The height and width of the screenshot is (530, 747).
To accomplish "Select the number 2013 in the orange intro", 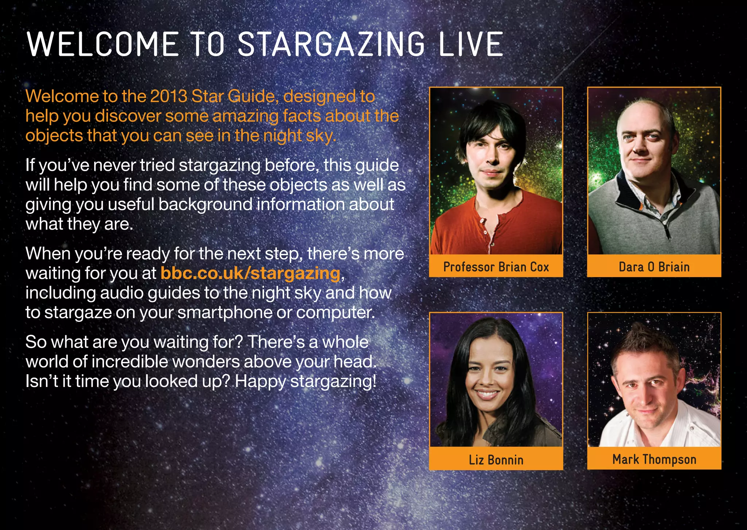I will (168, 96).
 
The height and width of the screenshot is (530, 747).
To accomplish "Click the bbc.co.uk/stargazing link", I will (250, 273).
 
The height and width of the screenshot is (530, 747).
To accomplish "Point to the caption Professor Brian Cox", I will (496, 267).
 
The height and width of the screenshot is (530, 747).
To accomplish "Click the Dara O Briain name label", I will (654, 267).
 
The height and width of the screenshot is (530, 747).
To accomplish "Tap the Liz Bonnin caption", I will (496, 460).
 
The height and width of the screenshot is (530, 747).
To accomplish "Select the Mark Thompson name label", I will (654, 459).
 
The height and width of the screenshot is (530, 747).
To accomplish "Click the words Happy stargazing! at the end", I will (305, 382).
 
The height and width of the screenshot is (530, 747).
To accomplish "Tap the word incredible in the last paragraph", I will (130, 362).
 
